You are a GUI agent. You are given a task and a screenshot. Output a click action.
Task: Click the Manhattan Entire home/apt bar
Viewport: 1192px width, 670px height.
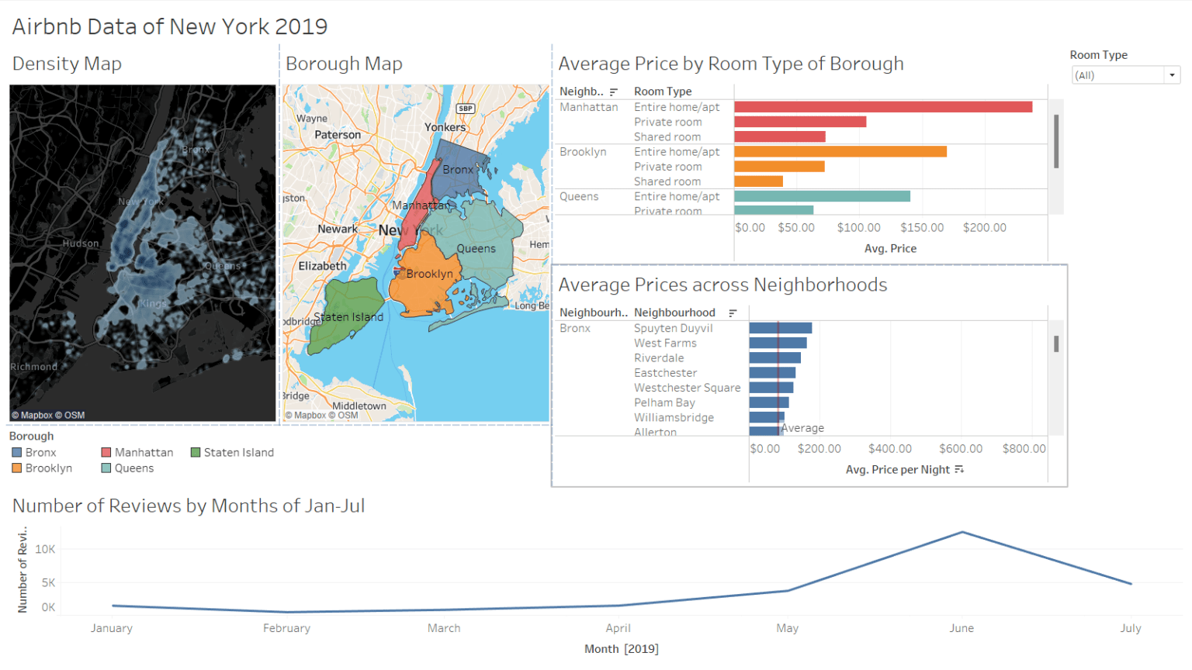882,107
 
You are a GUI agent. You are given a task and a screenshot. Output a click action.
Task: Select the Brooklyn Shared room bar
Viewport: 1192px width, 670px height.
758,181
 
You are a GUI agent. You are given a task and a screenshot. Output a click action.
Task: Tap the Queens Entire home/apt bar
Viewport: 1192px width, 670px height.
822,196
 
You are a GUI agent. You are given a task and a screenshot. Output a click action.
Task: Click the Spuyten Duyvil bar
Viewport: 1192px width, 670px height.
780,328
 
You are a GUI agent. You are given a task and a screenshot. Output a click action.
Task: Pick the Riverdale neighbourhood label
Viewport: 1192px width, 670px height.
659,358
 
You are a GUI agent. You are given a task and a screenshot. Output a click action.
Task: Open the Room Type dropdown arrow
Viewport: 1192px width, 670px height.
1172,75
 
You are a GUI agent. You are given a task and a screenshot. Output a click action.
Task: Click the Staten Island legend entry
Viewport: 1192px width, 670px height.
238,453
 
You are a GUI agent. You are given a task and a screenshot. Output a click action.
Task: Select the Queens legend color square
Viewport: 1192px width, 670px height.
106,468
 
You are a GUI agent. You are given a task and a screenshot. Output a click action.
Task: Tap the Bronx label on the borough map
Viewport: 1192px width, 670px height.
458,170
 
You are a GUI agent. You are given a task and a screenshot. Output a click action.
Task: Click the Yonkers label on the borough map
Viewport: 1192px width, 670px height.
445,127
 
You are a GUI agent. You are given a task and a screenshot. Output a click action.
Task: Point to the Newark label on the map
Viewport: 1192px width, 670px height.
338,230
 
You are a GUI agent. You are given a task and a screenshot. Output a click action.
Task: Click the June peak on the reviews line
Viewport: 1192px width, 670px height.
962,532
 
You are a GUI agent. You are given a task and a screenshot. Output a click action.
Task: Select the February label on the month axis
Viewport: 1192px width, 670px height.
286,628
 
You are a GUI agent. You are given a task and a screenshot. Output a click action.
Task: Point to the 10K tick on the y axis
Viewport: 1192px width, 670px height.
45,549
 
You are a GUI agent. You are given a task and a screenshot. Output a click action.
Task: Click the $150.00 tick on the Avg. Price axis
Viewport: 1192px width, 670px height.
922,228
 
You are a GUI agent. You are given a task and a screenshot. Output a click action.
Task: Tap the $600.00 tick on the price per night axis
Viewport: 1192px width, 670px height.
961,449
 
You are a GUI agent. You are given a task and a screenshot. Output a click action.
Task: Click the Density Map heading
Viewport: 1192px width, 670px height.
67,64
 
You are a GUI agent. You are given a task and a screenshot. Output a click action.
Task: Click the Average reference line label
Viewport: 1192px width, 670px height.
802,428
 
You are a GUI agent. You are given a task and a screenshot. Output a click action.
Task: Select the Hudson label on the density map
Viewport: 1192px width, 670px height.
81,243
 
